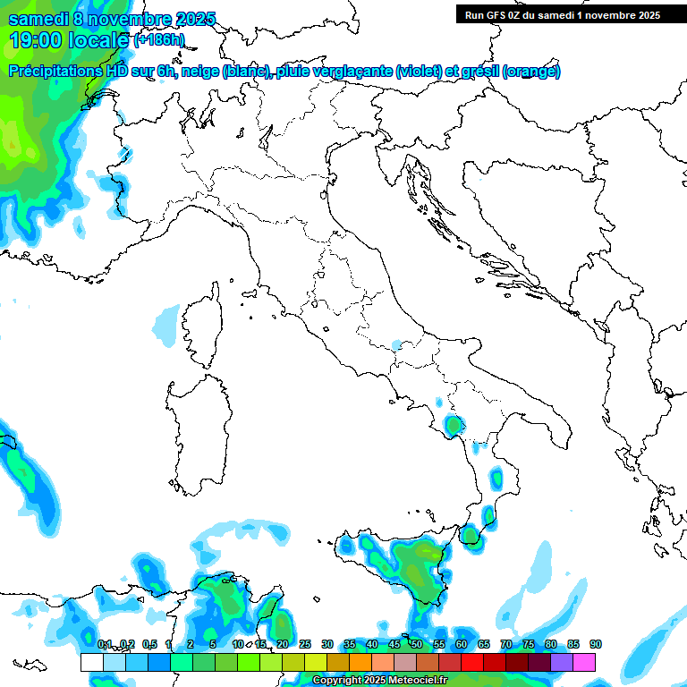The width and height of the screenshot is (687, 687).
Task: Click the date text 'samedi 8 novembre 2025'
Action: point(112,19)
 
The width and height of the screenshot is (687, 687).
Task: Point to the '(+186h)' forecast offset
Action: point(159,40)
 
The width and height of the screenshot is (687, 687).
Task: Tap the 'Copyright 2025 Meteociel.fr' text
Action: point(381,681)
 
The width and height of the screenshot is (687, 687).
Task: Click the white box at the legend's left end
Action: point(91,662)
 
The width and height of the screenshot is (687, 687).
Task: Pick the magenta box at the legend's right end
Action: point(584,662)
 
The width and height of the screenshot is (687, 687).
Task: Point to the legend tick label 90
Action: point(596,644)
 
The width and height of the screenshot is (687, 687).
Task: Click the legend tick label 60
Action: point(462,644)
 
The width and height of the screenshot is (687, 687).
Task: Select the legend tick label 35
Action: point(350,644)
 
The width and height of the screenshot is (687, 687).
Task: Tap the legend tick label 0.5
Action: point(148,644)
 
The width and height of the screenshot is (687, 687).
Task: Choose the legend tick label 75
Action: point(529,644)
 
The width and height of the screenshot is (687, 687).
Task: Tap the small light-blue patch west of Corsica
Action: point(165,325)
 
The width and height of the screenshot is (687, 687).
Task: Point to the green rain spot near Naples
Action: point(454,424)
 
